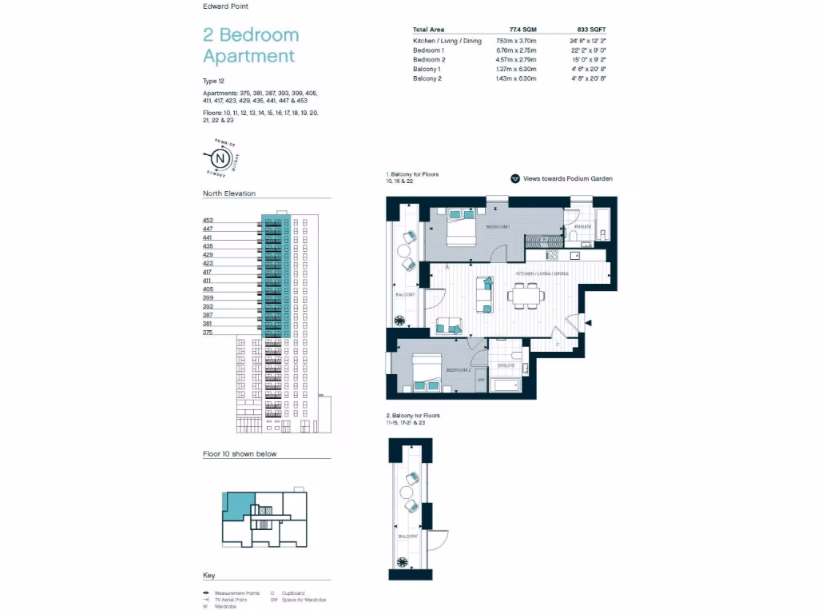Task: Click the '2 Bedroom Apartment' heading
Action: tap(251, 46)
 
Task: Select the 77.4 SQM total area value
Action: tap(523, 29)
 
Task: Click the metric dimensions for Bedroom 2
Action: tap(517, 60)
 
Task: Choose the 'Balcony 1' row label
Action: tap(427, 70)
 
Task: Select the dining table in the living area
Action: tap(527, 295)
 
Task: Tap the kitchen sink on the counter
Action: tap(575, 256)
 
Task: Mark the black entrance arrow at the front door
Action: tap(589, 322)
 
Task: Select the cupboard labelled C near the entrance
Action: tap(557, 343)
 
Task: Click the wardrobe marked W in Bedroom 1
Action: tap(545, 238)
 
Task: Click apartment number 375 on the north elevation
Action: tap(208, 332)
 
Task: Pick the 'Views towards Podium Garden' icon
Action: tap(515, 179)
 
